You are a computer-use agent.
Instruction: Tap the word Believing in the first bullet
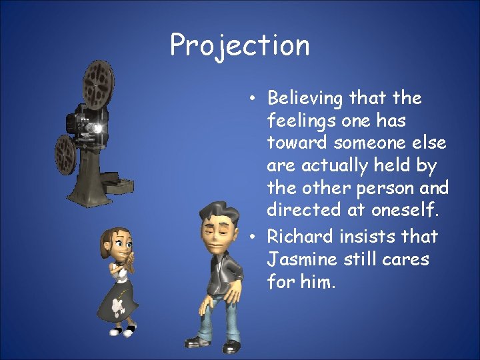[x=307, y=99]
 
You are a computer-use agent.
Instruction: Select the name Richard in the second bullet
[x=301, y=237]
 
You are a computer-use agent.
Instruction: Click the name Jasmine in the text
[x=298, y=259]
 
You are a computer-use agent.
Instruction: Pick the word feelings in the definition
[x=299, y=122]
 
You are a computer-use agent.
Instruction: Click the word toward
[x=298, y=144]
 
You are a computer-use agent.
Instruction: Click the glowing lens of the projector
[x=99, y=127]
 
